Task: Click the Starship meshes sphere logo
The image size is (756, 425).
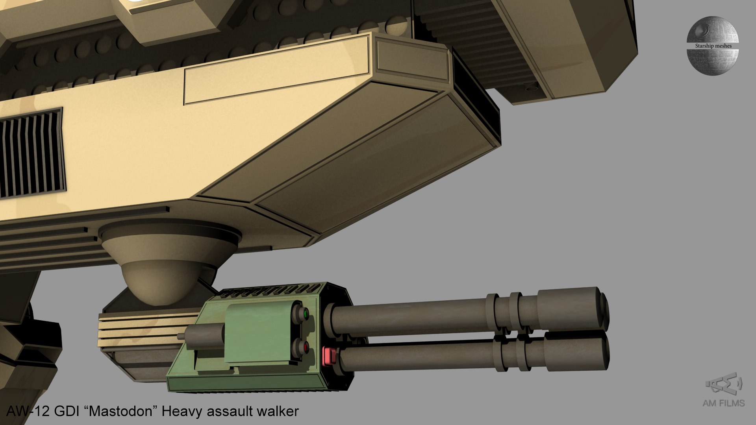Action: click(x=713, y=45)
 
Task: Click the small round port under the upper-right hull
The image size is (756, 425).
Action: click(x=532, y=87)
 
